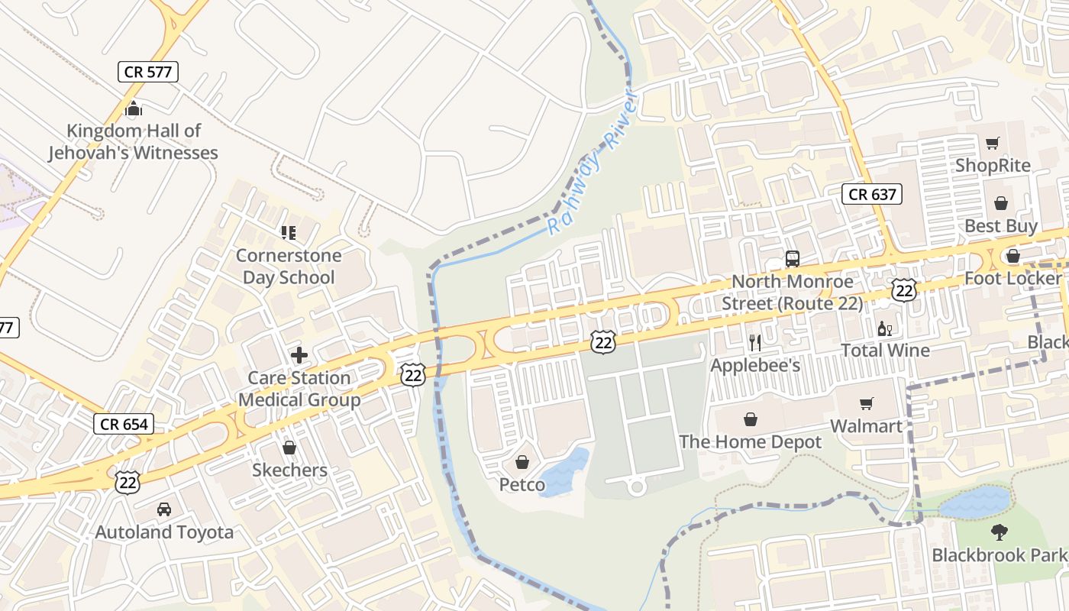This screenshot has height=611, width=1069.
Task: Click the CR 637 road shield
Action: tap(873, 194)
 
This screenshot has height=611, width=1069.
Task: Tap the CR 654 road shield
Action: tap(124, 424)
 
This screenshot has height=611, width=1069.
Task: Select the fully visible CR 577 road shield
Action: tap(149, 73)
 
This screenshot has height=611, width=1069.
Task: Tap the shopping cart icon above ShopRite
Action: tap(992, 143)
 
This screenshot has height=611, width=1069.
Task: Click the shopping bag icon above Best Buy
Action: tap(1000, 203)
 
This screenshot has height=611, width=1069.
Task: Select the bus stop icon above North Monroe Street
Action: tap(793, 258)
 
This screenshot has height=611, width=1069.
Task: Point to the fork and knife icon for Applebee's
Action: tap(755, 342)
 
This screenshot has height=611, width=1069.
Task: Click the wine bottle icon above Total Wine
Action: tap(884, 328)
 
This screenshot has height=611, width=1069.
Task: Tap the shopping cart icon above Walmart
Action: tap(866, 403)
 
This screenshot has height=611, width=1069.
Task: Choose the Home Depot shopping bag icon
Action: tap(751, 419)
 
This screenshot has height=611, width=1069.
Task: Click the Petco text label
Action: tap(522, 485)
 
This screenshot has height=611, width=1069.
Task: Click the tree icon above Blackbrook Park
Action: tap(999, 532)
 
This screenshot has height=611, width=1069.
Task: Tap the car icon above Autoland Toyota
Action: tap(164, 509)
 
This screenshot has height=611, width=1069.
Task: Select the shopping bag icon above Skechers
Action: tap(289, 448)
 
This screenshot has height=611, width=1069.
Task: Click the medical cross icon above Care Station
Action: tap(299, 355)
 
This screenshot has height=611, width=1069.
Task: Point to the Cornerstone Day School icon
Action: tap(288, 232)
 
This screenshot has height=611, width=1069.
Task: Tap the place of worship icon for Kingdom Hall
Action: tap(134, 108)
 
